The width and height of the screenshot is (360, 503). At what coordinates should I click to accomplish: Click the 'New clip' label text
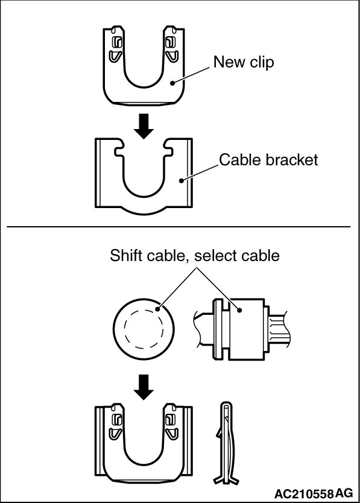(244, 62)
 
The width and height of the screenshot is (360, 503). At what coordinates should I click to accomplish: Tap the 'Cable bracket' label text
(268, 160)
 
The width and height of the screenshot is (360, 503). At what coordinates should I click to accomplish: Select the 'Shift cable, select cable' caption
(195, 256)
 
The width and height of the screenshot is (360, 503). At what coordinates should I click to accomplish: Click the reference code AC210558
(303, 493)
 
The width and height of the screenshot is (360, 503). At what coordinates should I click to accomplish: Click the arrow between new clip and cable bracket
(144, 126)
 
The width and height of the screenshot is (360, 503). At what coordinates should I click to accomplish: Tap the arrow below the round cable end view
(144, 387)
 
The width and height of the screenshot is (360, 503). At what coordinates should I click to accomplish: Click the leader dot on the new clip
(172, 83)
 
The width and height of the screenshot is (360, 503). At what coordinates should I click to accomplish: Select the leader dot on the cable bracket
(182, 180)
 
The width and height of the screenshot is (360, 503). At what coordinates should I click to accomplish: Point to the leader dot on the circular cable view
(157, 309)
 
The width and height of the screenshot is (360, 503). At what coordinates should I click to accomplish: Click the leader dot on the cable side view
(239, 310)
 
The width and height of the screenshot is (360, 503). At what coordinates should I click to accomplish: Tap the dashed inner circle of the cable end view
(144, 329)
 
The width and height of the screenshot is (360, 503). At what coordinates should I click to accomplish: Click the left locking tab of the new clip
(116, 48)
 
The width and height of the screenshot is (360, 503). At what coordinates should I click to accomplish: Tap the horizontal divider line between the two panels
(178, 227)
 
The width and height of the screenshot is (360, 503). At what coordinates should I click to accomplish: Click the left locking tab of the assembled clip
(116, 425)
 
